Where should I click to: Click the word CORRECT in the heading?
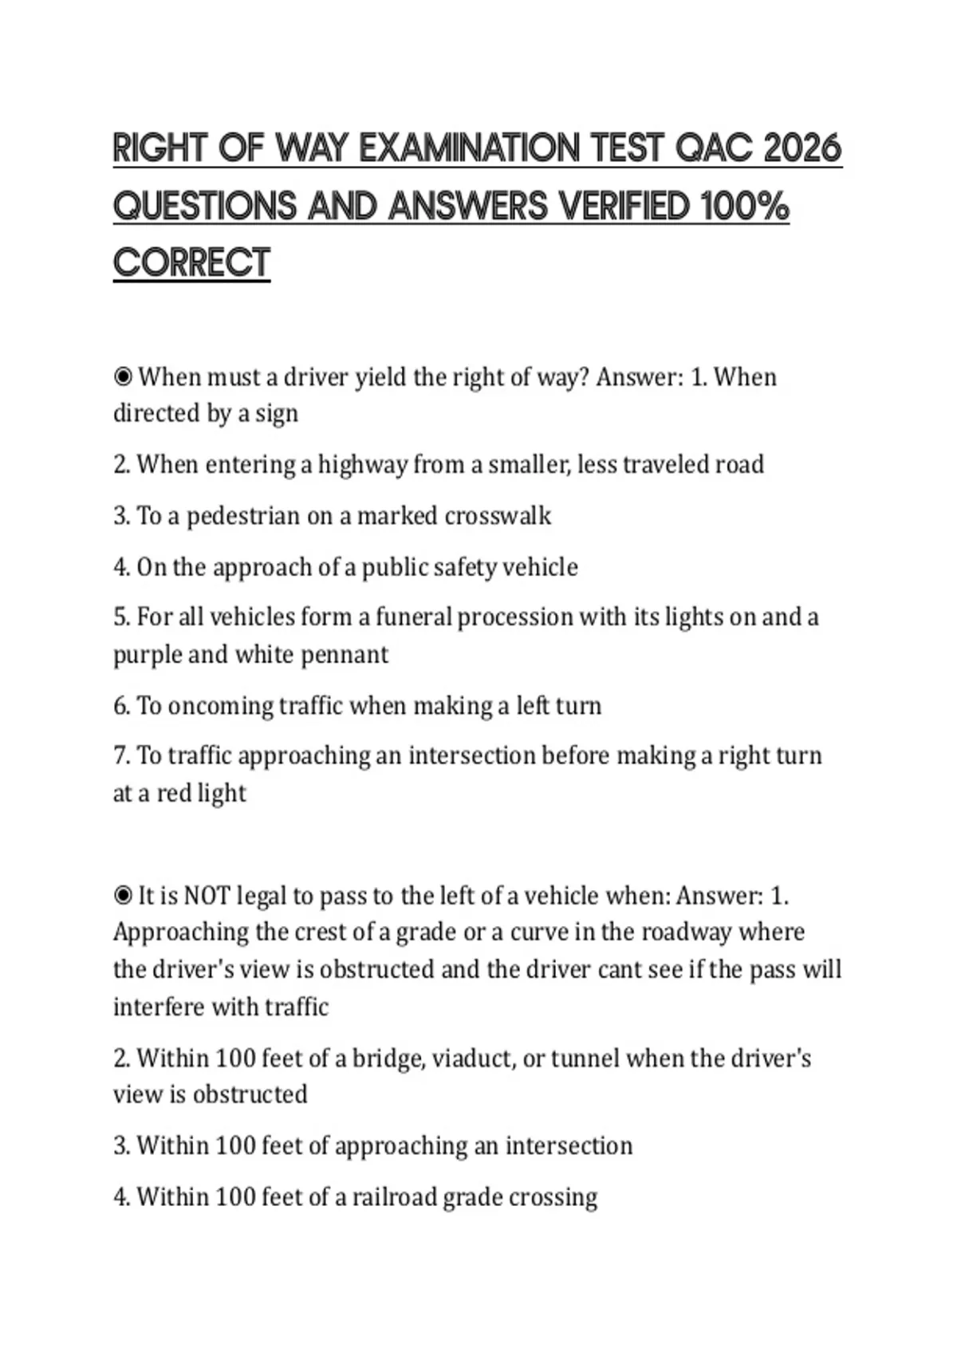[191, 263]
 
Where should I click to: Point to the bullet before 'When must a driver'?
[123, 376]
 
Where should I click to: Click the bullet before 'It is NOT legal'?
[123, 896]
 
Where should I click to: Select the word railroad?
[395, 1197]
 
